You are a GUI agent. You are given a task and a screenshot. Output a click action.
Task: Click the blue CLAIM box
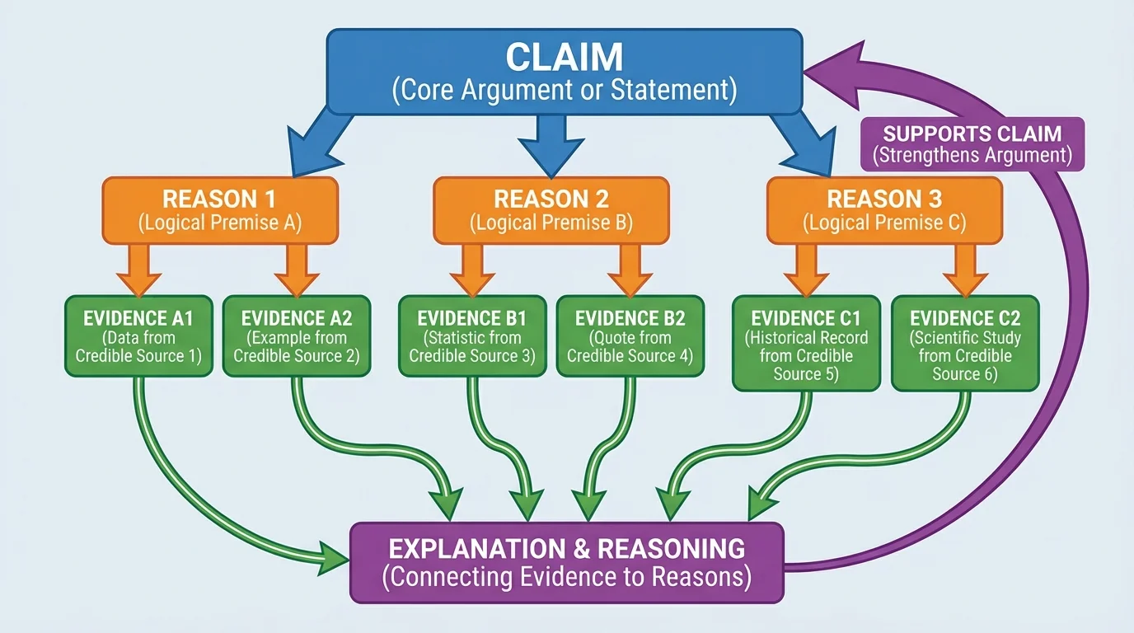tap(565, 72)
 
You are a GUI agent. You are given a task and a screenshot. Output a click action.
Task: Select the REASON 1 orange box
tap(219, 211)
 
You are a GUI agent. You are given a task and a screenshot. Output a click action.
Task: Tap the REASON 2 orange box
tap(551, 211)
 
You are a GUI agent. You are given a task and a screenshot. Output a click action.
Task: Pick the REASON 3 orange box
tap(884, 211)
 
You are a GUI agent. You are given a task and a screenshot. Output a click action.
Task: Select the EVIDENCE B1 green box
tap(471, 336)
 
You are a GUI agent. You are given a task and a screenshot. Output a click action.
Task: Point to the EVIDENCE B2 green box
tap(630, 336)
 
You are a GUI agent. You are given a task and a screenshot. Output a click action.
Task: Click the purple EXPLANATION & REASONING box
tap(567, 563)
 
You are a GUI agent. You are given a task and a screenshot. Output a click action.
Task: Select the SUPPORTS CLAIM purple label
tap(972, 144)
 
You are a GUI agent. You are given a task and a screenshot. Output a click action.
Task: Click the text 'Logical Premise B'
tap(551, 223)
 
